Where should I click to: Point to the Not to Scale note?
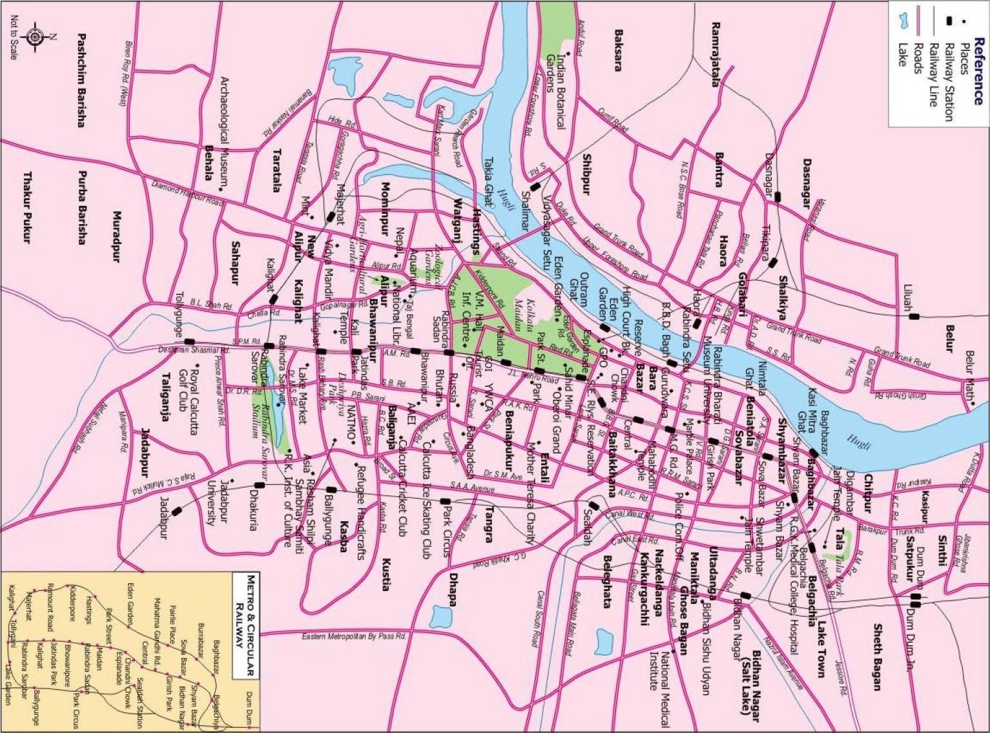[x=13, y=38]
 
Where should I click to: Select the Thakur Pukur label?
[x=27, y=207]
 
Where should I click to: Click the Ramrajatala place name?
[x=715, y=45]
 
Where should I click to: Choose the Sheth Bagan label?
[x=877, y=656]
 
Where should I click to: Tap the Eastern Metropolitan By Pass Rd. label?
[x=354, y=637]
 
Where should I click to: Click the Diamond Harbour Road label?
[x=187, y=192]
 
